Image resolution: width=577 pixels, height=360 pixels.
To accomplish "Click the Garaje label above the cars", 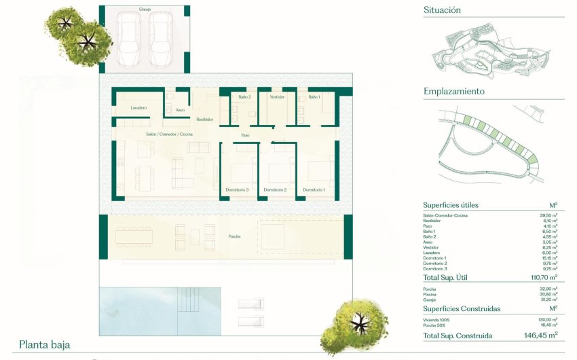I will click(x=144, y=10).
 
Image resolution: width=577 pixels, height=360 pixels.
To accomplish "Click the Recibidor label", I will click(x=204, y=119).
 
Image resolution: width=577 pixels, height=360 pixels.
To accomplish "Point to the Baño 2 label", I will click(x=244, y=97).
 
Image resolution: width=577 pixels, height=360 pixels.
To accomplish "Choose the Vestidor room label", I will click(x=276, y=97).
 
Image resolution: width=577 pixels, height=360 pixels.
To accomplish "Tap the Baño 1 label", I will click(x=314, y=97).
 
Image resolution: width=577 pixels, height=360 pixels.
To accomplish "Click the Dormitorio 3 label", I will click(x=238, y=190).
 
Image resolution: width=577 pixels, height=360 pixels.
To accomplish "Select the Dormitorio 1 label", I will click(x=314, y=190).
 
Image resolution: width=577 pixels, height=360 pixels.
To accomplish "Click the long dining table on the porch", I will click(x=134, y=236).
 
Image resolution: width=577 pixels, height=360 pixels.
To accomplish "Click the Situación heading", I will click(x=442, y=10).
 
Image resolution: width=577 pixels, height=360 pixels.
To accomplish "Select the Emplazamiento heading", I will click(x=453, y=91).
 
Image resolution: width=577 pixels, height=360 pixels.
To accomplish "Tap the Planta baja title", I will click(x=44, y=344).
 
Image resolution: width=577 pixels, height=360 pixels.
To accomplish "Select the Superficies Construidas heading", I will click(x=462, y=308).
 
